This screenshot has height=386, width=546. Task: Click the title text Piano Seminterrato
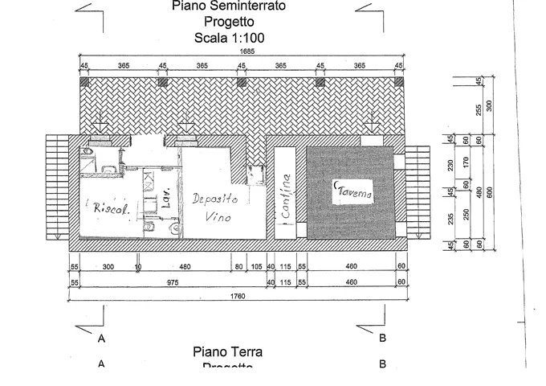point(230,7)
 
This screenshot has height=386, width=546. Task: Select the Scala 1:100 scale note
point(230,38)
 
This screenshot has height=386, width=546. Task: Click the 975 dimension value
point(173,282)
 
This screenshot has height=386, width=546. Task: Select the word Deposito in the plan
point(216,199)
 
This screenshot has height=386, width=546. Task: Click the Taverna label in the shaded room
point(354,193)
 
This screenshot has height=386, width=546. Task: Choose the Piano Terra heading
point(228,351)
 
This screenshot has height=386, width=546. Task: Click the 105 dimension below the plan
point(256,268)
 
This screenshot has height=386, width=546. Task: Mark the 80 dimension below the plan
point(238,268)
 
